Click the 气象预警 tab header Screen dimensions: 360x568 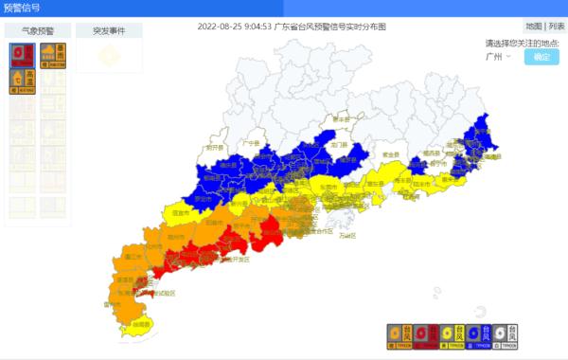click(38, 30)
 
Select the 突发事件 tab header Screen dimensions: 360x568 click(109, 30)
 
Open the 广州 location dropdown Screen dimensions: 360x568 click(498, 56)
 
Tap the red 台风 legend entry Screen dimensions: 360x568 click(427, 334)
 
